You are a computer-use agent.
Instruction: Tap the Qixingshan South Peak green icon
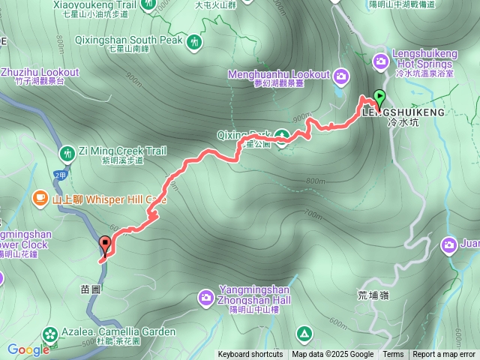point(195,42)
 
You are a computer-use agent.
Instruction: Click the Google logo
point(28,349)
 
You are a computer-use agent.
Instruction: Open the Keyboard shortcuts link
point(250,355)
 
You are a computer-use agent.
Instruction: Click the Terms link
point(393,355)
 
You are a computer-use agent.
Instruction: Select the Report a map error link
point(444,355)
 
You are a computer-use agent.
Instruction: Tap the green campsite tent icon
point(304,333)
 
